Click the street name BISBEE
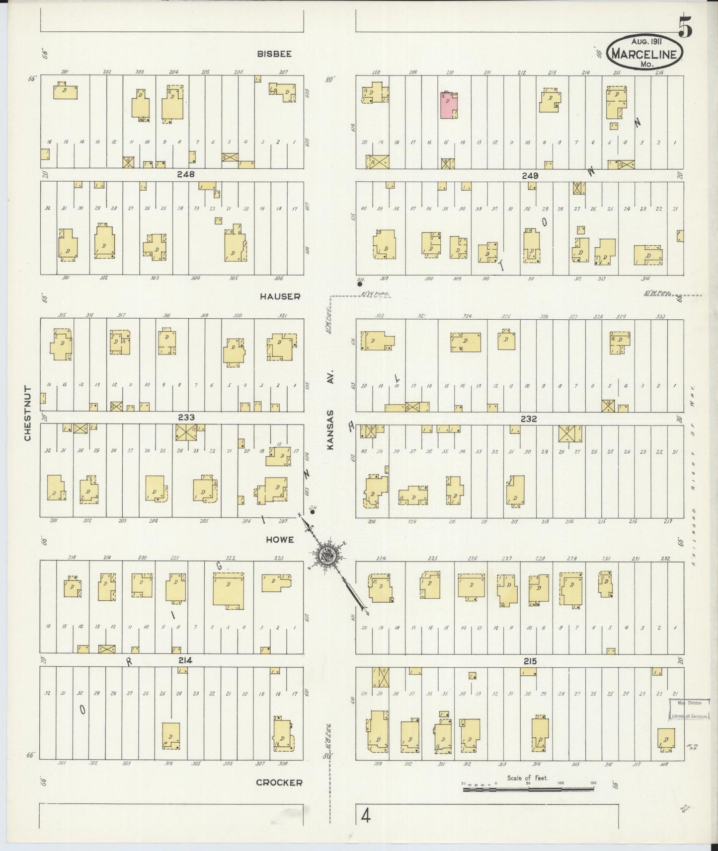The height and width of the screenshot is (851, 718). pos(274,54)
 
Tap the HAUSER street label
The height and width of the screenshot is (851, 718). pos(279,296)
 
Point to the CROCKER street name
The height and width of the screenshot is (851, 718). pos(279,782)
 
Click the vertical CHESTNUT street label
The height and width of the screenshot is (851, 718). pos(27,413)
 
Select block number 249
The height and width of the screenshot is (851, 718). pos(530,175)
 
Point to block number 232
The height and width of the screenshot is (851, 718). pos(529,419)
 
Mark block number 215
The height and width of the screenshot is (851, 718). pos(530,661)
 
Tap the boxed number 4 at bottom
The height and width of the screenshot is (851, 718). pos(366,816)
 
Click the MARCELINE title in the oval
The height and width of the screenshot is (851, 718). pos(644,54)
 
